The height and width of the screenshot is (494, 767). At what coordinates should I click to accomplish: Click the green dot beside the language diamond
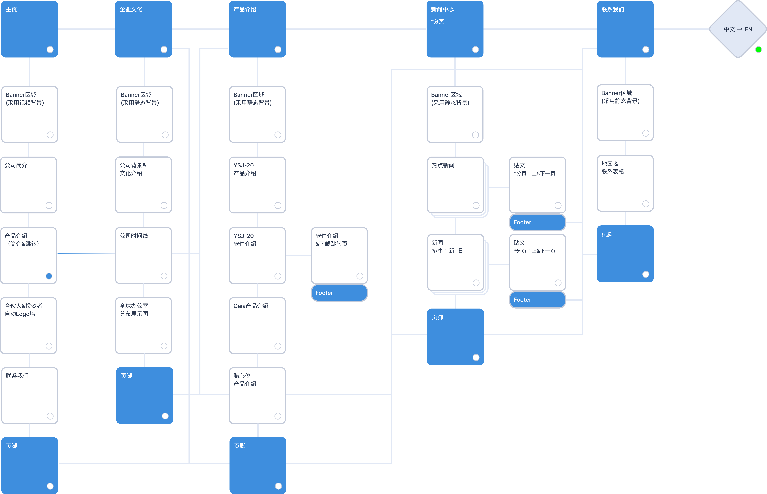758,49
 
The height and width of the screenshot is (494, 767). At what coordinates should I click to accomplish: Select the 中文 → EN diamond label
738,29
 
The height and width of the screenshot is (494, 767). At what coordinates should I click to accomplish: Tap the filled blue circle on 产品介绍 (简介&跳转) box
49,276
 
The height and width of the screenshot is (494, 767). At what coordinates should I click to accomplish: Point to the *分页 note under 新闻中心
437,22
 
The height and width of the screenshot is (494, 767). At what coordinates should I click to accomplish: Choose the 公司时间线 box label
134,236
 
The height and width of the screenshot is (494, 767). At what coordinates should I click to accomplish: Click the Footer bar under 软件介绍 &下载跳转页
339,293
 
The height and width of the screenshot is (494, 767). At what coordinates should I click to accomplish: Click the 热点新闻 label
443,165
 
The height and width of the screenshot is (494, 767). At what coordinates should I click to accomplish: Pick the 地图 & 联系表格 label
613,167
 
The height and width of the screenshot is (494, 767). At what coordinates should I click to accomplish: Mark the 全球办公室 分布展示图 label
134,310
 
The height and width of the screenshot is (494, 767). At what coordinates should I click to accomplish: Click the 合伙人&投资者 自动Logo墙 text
23,310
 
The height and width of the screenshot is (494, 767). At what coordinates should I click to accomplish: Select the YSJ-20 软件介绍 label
245,240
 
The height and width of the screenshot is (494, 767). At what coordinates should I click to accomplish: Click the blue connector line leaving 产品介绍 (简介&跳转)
86,254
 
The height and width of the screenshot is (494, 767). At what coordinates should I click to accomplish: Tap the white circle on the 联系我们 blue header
646,49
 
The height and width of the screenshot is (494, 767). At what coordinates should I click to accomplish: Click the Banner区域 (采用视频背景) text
25,98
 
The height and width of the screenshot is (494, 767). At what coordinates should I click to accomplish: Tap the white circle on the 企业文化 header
164,49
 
